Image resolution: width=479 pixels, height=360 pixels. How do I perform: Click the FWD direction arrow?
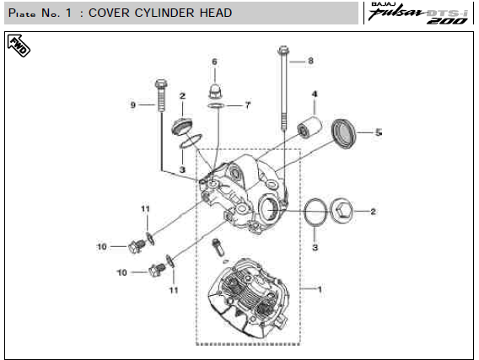(19, 46)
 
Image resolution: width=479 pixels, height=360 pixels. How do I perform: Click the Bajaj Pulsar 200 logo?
(419, 13)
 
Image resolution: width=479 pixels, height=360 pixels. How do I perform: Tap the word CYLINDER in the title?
(164, 13)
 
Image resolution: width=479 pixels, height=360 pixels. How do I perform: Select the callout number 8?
(310, 61)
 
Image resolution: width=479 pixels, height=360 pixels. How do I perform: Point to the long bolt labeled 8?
(283, 89)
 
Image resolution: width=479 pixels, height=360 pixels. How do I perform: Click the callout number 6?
(214, 62)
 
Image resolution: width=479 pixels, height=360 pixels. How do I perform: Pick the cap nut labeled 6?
(216, 91)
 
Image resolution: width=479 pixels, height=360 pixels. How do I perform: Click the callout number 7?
(248, 105)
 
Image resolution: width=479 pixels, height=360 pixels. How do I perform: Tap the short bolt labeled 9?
(161, 95)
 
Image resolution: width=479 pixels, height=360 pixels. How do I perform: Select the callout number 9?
(133, 105)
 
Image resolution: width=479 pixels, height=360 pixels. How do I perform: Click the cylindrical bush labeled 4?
(309, 126)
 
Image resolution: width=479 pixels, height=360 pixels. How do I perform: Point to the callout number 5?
(379, 132)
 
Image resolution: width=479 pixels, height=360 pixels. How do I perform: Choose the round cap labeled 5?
(344, 133)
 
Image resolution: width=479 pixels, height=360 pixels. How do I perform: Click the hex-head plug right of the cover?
(342, 211)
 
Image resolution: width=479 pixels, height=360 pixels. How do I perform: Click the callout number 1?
(320, 289)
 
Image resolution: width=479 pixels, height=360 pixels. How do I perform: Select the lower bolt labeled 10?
(157, 270)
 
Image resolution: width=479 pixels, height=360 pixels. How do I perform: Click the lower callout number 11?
(174, 290)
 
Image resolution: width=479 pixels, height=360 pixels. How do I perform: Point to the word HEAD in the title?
(216, 13)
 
